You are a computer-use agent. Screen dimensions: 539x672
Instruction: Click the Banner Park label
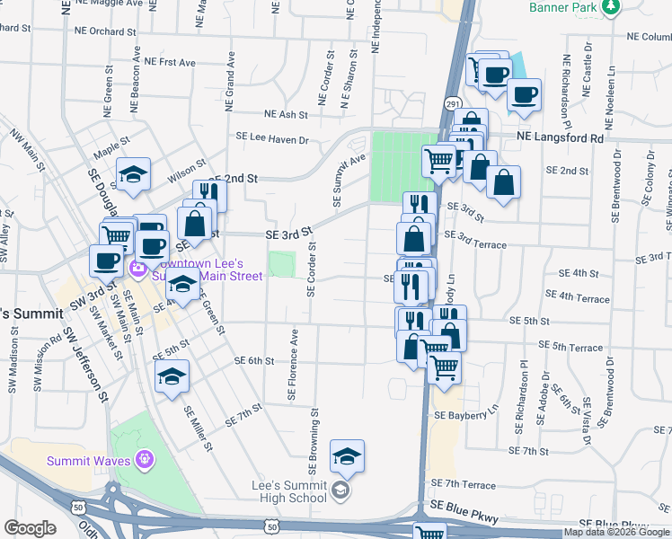pyautogui.click(x=563, y=7)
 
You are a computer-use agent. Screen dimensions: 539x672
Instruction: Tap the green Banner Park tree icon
pyautogui.click(x=611, y=7)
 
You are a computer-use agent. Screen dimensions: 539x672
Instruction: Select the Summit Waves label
pyautogui.click(x=87, y=461)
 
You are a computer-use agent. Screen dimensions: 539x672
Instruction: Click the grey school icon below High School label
pyautogui.click(x=340, y=490)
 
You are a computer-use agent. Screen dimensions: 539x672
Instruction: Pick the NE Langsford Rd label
pyautogui.click(x=560, y=138)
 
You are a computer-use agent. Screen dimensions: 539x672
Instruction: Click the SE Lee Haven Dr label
pyautogui.click(x=271, y=139)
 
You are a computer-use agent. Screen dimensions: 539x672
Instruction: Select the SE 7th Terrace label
pyautogui.click(x=463, y=484)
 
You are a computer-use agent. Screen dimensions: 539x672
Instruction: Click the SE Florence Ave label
pyautogui.click(x=292, y=364)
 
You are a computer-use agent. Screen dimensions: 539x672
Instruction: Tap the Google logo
pyautogui.click(x=31, y=528)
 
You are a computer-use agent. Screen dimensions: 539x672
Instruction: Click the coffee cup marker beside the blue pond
pyautogui.click(x=493, y=74)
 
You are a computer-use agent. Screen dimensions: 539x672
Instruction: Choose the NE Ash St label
pyautogui.click(x=286, y=115)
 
